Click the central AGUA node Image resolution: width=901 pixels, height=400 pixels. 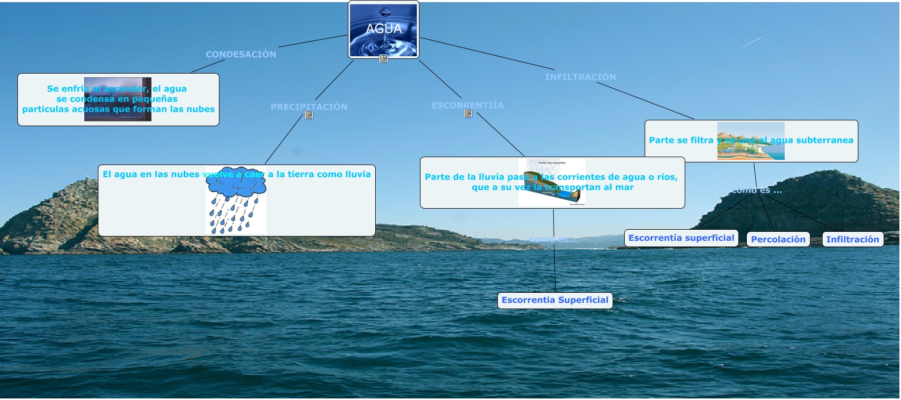pos(384,29)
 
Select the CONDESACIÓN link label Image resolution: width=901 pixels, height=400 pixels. pos(241,54)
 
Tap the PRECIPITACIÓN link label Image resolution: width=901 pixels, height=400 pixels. pos(309,106)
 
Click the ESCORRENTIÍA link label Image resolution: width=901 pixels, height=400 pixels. pos(467,105)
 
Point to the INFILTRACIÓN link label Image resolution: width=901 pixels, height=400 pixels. pos(580,77)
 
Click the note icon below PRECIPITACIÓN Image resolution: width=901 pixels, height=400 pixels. pos(309,115)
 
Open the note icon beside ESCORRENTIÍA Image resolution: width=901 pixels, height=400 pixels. pos(467,114)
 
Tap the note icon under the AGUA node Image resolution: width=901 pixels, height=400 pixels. pos(384,59)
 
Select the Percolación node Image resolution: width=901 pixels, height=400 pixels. pos(778,239)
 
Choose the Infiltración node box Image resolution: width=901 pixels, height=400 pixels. pos(852,239)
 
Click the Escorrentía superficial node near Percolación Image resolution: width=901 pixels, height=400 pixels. pos(681,238)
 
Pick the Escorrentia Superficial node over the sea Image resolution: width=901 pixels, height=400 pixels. pos(555,300)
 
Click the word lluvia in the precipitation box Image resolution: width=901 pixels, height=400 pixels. pos(357,175)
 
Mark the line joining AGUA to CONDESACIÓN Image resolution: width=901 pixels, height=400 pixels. pos(313,41)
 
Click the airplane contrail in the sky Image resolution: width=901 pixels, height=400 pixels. pos(749,43)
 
